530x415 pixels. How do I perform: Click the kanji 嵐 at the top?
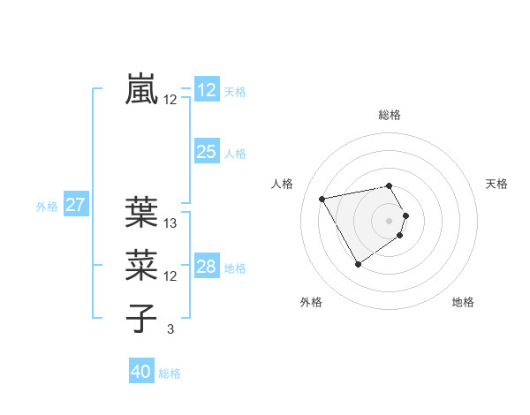click(142, 90)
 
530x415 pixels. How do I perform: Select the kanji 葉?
click(142, 213)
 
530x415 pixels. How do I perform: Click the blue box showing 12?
click(207, 90)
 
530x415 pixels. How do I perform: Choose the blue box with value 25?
click(207, 152)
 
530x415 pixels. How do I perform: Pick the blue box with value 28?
click(207, 267)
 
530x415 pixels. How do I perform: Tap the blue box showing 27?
click(75, 206)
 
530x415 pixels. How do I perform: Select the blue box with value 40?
click(141, 372)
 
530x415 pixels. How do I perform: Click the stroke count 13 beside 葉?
click(170, 223)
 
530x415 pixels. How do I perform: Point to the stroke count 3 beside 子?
click(170, 329)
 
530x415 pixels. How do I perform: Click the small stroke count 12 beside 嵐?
click(170, 100)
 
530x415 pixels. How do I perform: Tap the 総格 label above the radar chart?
click(390, 115)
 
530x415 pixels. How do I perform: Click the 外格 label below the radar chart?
click(311, 302)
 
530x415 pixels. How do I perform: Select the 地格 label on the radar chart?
click(463, 302)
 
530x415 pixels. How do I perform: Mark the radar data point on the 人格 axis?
click(322, 199)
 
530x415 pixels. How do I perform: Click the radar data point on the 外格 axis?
click(358, 264)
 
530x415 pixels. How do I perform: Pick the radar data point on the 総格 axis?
click(390, 185)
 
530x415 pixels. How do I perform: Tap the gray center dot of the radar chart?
click(390, 220)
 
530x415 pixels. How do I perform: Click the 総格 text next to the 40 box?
click(170, 373)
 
